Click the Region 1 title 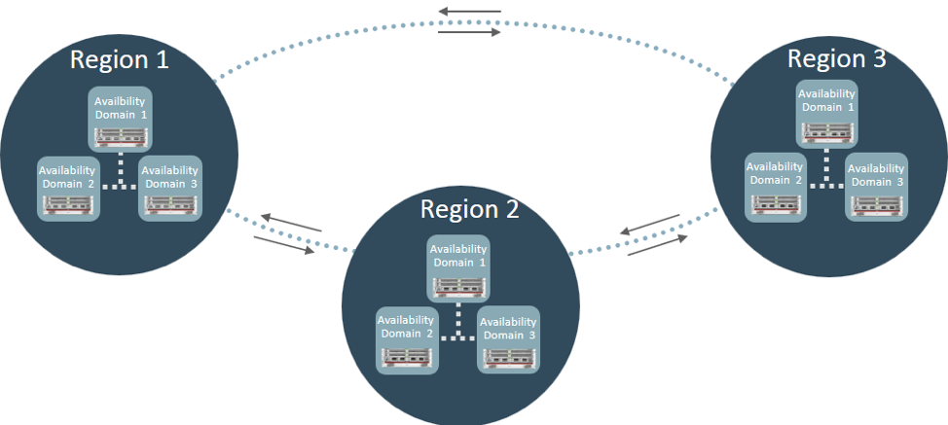point(119,58)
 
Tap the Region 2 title point(470,208)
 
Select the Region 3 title point(836,57)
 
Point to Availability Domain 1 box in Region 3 point(826,111)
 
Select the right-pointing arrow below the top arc point(469,32)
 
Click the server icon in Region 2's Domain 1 point(459,285)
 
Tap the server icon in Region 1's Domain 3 point(170,204)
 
